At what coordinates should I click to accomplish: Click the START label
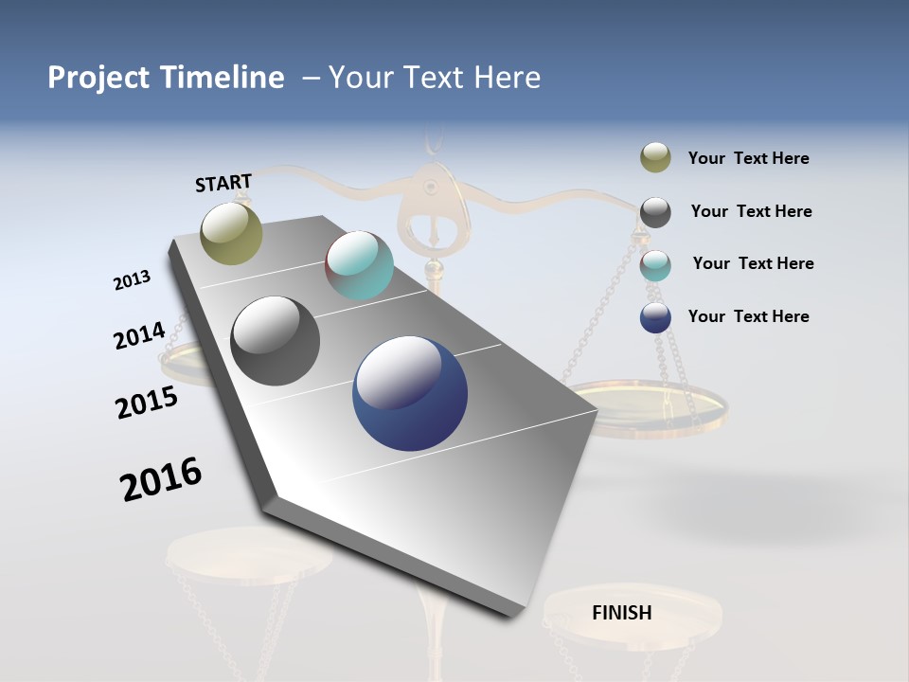click(x=223, y=182)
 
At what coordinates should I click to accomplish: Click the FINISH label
click(x=621, y=613)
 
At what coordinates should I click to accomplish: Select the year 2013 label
click(x=132, y=280)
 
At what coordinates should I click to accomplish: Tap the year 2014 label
click(x=139, y=335)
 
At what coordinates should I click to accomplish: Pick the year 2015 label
click(x=146, y=403)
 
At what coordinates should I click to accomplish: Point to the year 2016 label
click(x=161, y=480)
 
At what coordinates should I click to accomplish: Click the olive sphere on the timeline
click(x=231, y=233)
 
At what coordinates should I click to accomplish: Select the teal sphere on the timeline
click(x=359, y=265)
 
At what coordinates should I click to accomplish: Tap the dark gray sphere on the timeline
click(x=276, y=341)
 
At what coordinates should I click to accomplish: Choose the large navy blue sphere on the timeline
click(x=410, y=393)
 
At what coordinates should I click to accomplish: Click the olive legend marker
click(x=655, y=158)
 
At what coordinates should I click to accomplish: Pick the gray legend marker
click(x=655, y=211)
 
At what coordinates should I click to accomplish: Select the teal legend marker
click(x=655, y=264)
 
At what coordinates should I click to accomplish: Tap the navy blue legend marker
click(x=655, y=317)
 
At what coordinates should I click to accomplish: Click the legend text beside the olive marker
click(x=748, y=158)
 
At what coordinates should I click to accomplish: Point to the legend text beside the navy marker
click(x=748, y=316)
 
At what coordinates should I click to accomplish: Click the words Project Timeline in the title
click(x=166, y=78)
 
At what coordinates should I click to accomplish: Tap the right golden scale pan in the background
click(x=653, y=407)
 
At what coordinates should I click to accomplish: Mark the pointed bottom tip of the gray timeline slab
click(x=511, y=614)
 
